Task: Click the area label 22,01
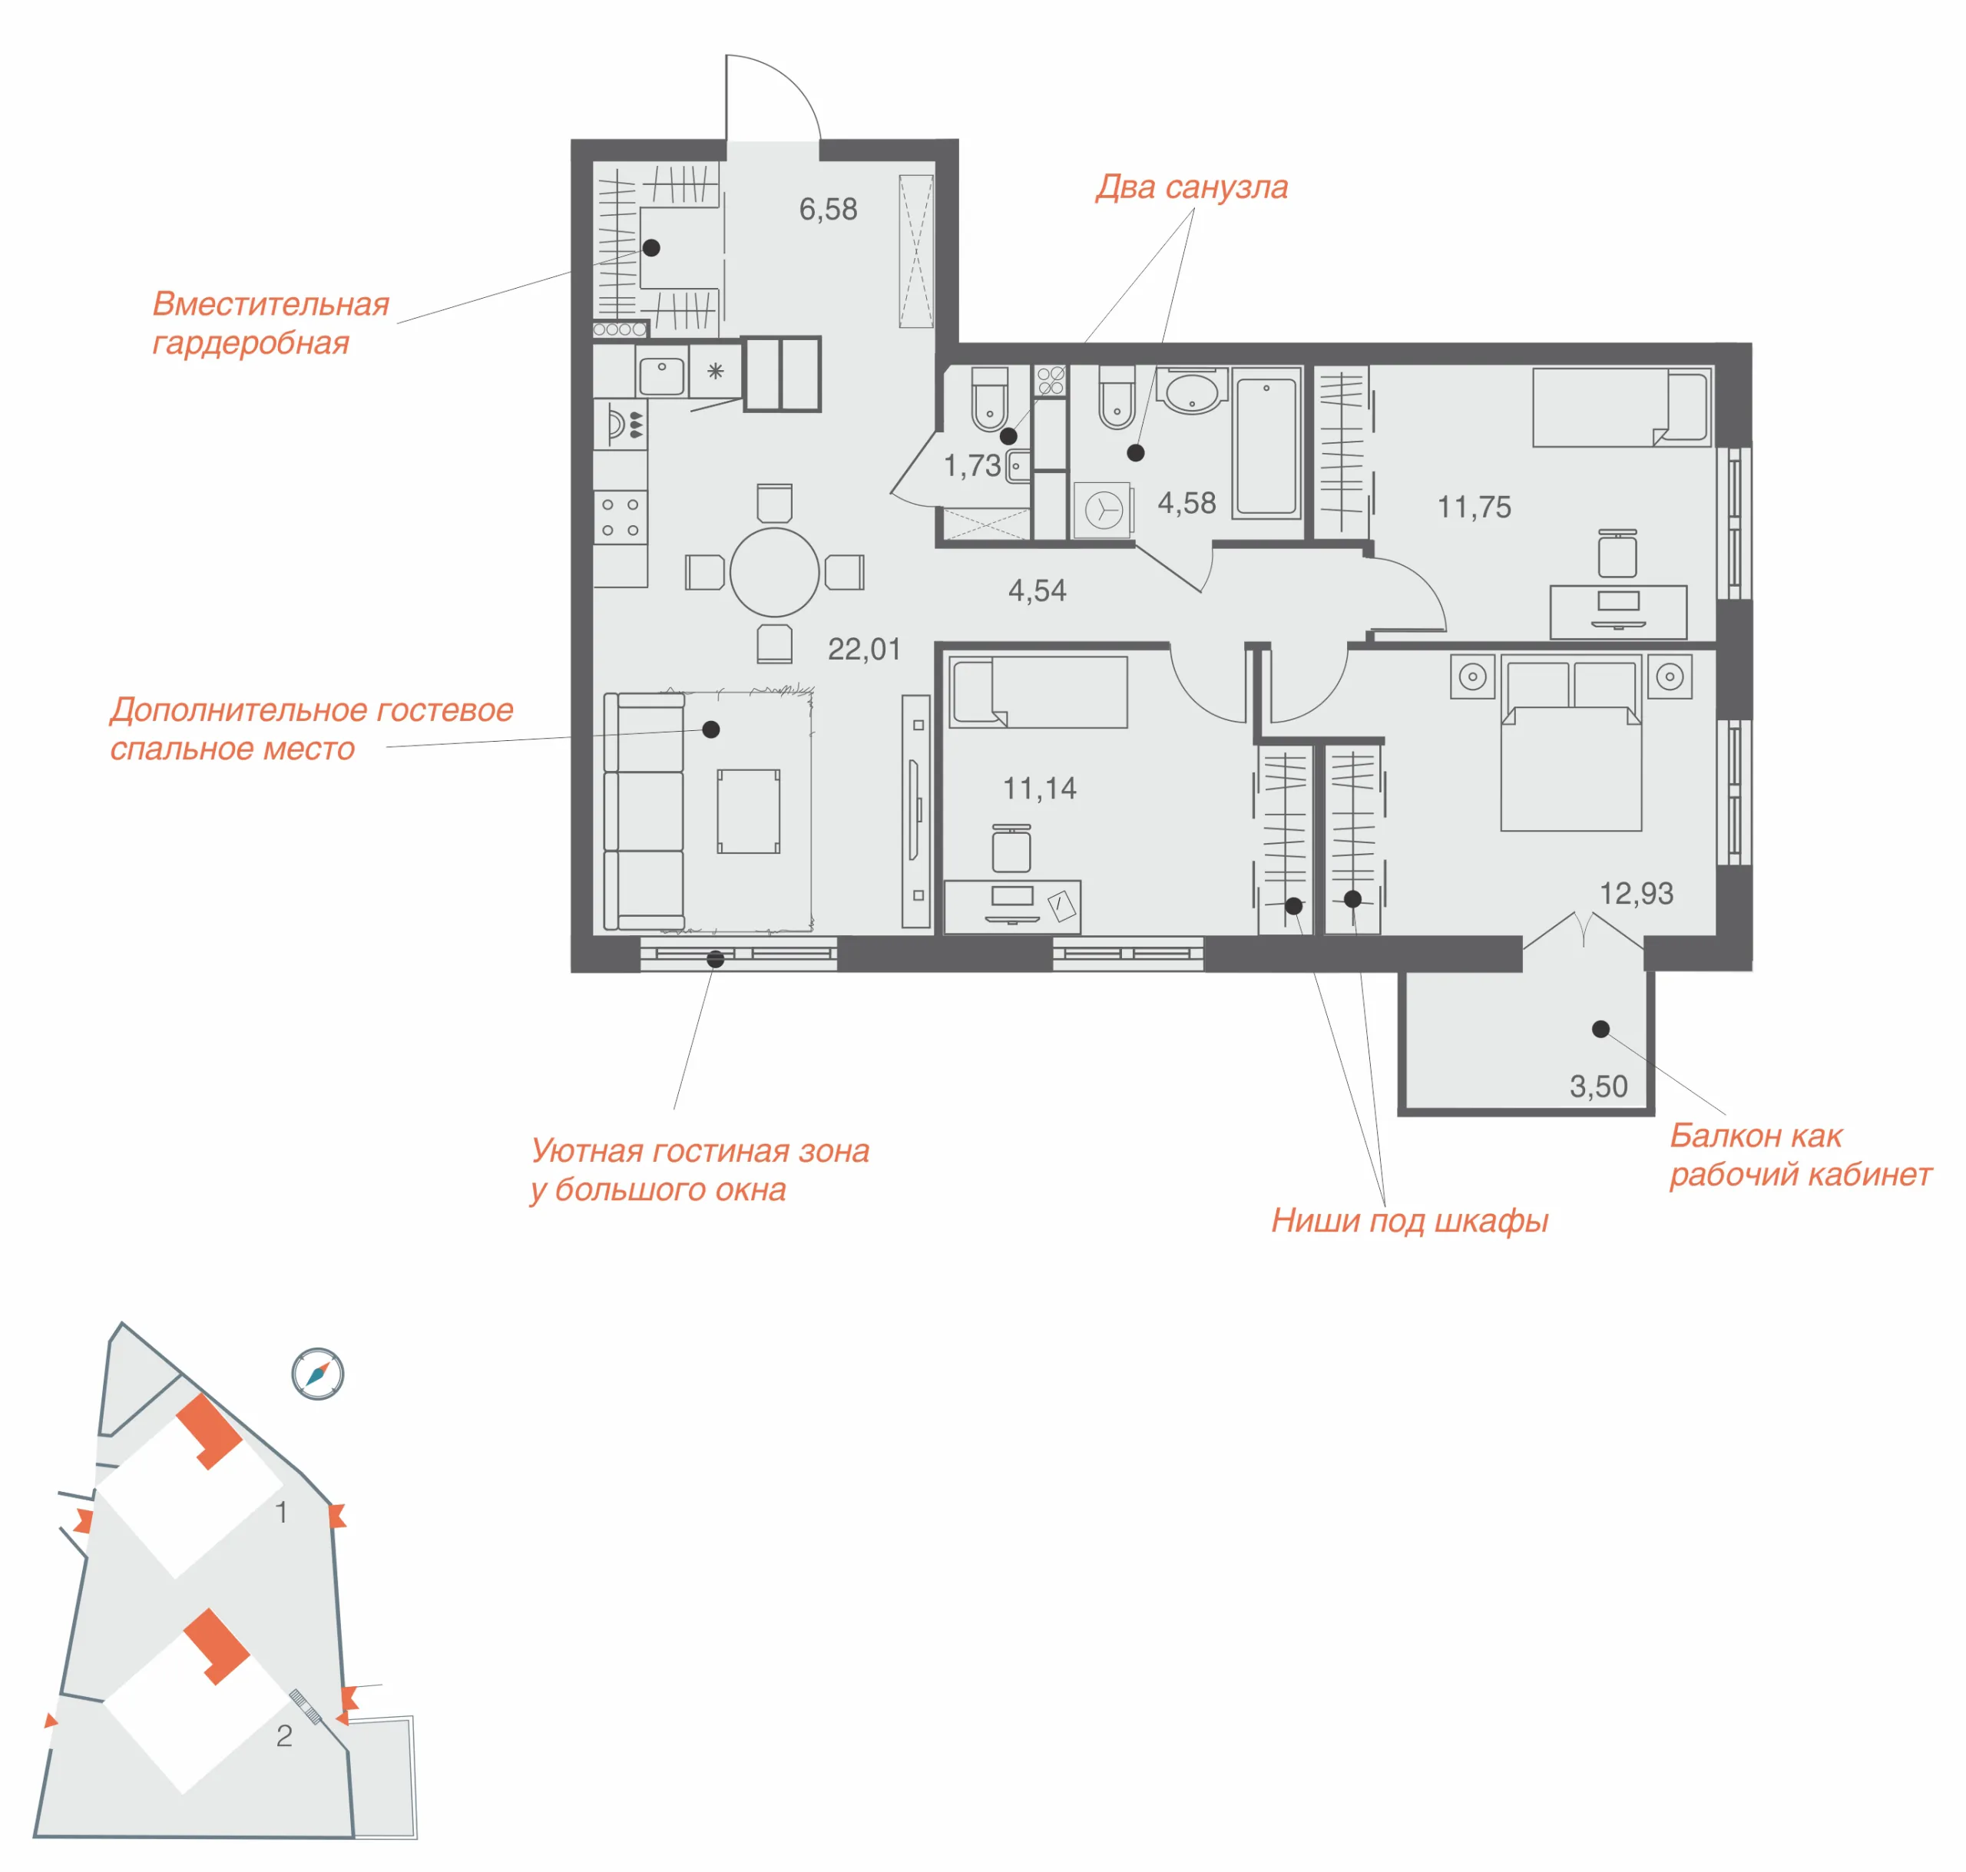(x=864, y=650)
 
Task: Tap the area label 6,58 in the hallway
(x=829, y=210)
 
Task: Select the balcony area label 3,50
(x=1599, y=1086)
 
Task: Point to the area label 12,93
(x=1637, y=893)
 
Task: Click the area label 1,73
(x=972, y=466)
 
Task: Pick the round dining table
(x=774, y=573)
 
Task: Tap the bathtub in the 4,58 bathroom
(x=1266, y=443)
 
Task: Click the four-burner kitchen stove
(x=620, y=517)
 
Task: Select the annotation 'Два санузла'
(x=1192, y=187)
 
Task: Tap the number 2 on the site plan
(x=284, y=1736)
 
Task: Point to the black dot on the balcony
(x=1600, y=1029)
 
